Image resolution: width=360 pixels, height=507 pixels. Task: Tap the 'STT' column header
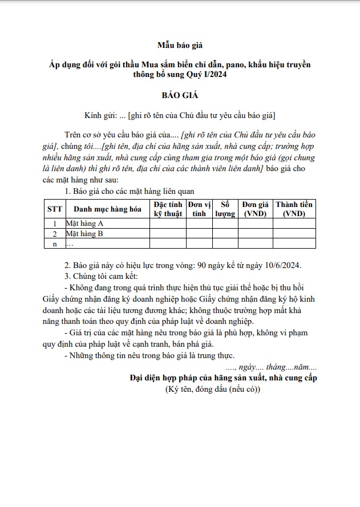pyautogui.click(x=54, y=209)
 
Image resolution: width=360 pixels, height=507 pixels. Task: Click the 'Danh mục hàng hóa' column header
pyautogui.click(x=107, y=209)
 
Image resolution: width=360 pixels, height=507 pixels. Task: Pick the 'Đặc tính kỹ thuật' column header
pyautogui.click(x=168, y=209)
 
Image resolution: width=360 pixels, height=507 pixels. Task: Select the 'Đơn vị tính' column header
pyautogui.click(x=199, y=209)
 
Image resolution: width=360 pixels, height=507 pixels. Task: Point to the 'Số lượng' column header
pyautogui.click(x=225, y=209)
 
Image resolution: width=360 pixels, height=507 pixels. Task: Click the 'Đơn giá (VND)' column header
pyautogui.click(x=255, y=209)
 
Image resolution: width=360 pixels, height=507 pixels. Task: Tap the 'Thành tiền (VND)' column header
pyautogui.click(x=294, y=209)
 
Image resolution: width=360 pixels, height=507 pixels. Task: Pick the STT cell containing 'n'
pyautogui.click(x=54, y=244)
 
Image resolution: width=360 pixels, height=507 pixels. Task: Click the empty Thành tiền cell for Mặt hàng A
pyautogui.click(x=294, y=224)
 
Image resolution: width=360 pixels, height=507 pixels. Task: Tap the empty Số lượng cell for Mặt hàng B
pyautogui.click(x=225, y=234)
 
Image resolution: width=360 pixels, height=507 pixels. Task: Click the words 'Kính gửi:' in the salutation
pyautogui.click(x=99, y=115)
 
